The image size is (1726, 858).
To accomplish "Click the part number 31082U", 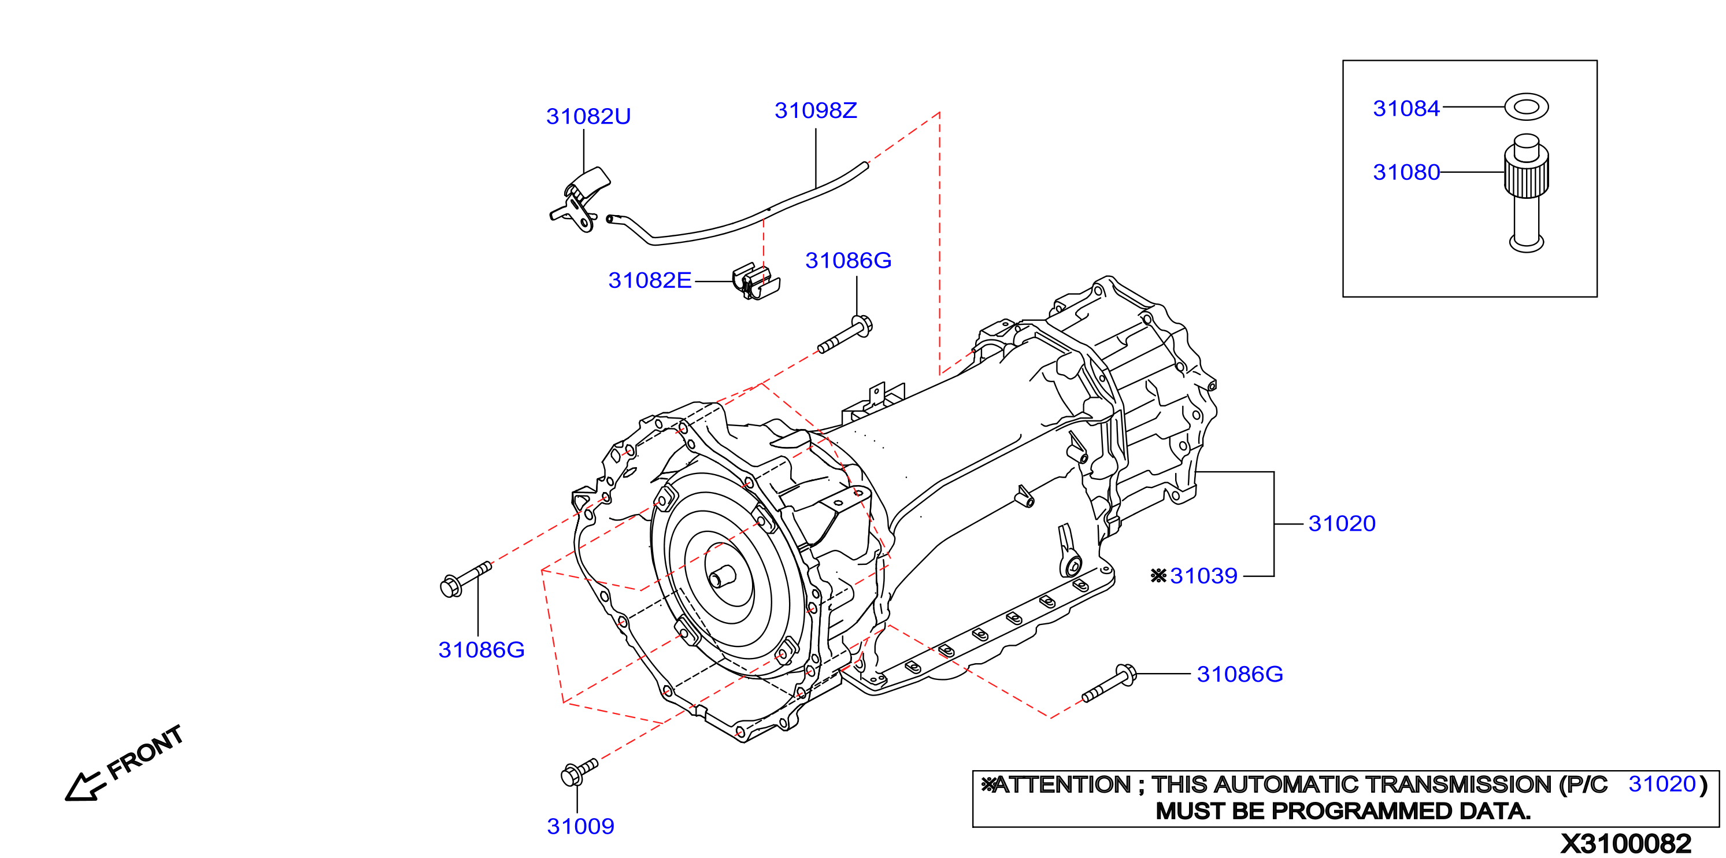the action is tap(588, 117).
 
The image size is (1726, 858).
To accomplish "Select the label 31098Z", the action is tap(816, 110).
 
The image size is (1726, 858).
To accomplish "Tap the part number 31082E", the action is tap(649, 280).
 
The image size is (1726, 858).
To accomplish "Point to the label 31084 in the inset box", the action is tap(1406, 109).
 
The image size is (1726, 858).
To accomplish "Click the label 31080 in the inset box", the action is tap(1406, 172).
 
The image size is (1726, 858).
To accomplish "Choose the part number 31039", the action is tap(1203, 576).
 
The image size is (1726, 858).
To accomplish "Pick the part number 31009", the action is tap(580, 827).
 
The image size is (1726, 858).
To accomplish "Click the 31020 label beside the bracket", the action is tap(1342, 523).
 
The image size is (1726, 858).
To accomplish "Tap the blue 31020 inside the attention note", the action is tap(1662, 783).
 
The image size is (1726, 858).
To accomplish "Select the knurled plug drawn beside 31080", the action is tap(1527, 193).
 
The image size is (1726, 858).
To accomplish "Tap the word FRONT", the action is tap(146, 752).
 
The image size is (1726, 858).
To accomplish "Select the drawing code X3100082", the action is tap(1625, 843).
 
